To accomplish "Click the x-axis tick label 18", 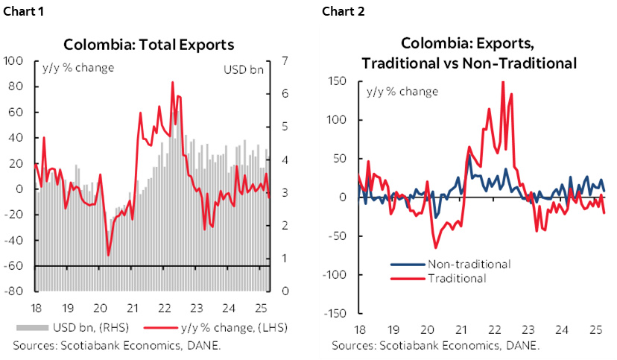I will coord(359,329).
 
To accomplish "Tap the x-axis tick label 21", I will coord(462,329).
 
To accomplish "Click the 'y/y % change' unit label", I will coord(402,92).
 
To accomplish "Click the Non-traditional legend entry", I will coord(469,265).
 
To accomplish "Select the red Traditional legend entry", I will coord(457,279).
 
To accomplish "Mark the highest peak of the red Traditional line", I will coord(502,82).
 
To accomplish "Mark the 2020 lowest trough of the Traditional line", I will coord(435,247).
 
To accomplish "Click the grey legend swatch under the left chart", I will coord(33,327).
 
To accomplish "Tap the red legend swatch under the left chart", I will coord(160,327).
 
